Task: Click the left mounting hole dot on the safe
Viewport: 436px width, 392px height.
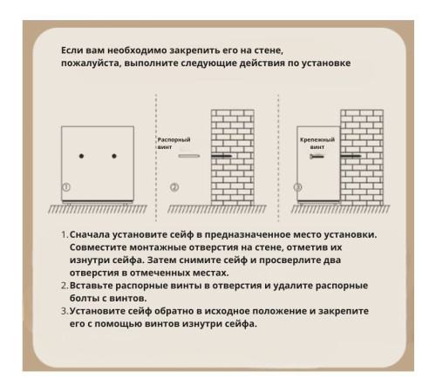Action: pos(81,156)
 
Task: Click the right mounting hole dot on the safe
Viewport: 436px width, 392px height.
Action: pos(114,156)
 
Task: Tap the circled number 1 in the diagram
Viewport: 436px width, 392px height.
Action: pos(66,187)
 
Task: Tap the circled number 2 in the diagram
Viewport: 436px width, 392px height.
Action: pos(174,187)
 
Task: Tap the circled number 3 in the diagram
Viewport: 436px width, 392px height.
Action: pos(298,187)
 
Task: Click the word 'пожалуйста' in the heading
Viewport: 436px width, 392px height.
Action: pos(93,64)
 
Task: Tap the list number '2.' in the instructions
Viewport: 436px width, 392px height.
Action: pos(64,286)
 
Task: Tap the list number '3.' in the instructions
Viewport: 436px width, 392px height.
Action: pos(64,311)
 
